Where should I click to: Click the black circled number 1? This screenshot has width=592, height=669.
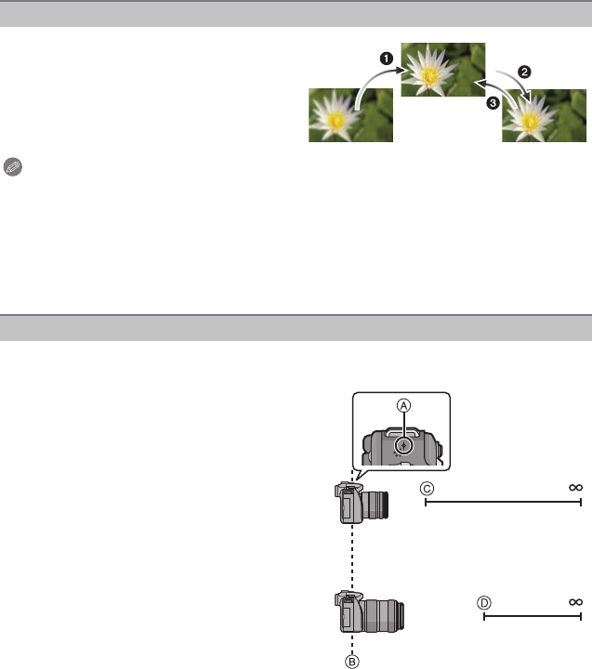[387, 59]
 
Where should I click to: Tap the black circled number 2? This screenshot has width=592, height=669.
[524, 72]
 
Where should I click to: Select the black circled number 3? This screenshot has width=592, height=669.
[493, 103]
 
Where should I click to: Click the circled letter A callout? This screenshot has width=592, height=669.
[403, 405]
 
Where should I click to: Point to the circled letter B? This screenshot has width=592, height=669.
[352, 662]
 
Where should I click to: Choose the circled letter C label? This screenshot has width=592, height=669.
[427, 489]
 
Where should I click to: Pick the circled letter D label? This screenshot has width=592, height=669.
[484, 603]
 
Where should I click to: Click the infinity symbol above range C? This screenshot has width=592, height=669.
[576, 487]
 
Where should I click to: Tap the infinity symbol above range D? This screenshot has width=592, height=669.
[576, 602]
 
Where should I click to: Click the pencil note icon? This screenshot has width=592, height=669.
[13, 167]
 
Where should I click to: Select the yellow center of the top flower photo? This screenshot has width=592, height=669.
[430, 75]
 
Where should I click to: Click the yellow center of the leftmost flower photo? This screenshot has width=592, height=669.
[335, 121]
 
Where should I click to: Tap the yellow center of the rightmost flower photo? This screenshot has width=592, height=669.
[530, 123]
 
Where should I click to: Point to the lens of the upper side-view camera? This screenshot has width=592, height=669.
[375, 505]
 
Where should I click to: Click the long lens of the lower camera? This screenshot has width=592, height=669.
[383, 616]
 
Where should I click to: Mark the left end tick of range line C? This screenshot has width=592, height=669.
[426, 502]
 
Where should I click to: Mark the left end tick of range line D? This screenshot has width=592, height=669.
[484, 617]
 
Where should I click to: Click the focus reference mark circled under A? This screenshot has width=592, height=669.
[403, 446]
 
